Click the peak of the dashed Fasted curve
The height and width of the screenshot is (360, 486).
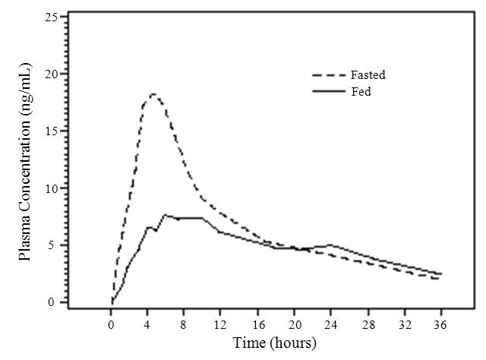(x=153, y=94)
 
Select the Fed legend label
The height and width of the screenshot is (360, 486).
(x=360, y=92)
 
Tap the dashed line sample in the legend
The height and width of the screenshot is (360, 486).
(x=327, y=76)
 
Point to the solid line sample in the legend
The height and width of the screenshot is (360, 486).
(x=327, y=92)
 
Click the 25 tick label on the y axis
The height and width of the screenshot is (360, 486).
(x=50, y=17)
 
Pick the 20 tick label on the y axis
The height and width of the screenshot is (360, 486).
(x=50, y=74)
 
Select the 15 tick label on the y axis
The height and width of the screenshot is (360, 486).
(x=50, y=131)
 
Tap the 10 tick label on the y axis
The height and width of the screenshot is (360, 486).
(x=50, y=188)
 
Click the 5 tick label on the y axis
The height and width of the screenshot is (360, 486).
(x=53, y=245)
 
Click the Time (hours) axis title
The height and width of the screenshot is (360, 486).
(x=274, y=343)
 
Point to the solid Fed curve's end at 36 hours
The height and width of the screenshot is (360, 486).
(x=440, y=273)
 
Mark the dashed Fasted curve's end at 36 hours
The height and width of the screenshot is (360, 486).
(x=439, y=279)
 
